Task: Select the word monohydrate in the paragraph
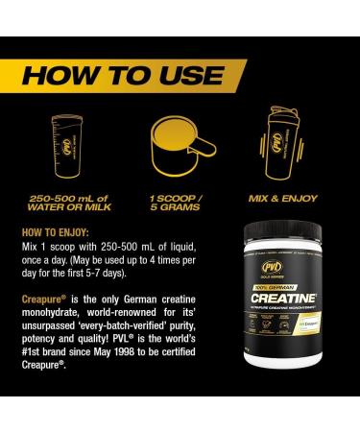pyautogui.click(x=53, y=314)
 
